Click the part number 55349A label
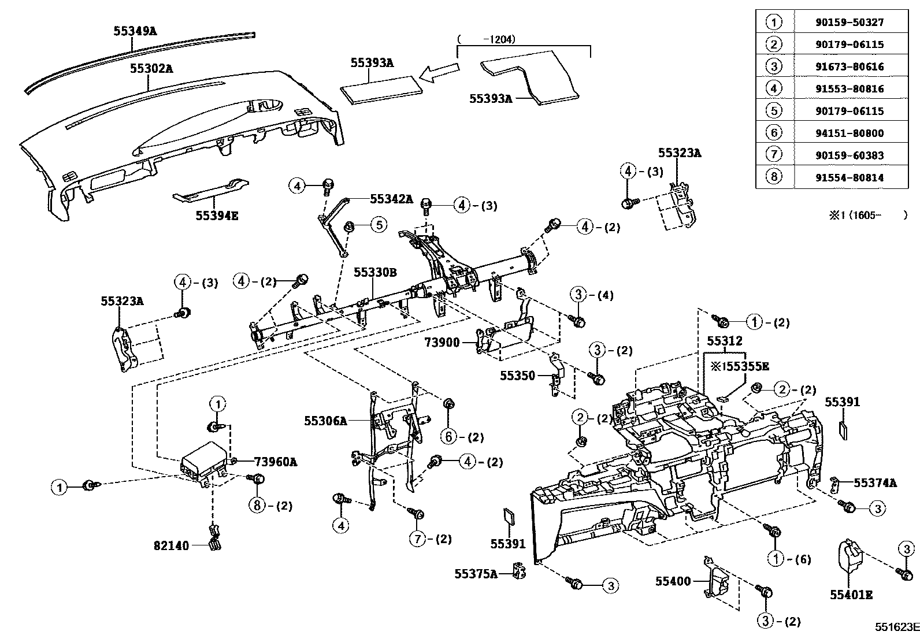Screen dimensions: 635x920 [x=135, y=31]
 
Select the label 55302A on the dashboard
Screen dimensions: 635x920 [x=151, y=68]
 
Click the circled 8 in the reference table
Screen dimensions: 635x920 [x=774, y=177]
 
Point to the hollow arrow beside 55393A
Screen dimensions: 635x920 [x=439, y=73]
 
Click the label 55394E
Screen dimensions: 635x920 [x=217, y=216]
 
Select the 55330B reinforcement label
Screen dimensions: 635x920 [x=376, y=272]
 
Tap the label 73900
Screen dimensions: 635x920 [x=442, y=343]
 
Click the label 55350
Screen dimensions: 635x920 [x=517, y=376]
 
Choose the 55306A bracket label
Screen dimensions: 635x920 [x=325, y=421]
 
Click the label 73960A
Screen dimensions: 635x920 [x=275, y=462]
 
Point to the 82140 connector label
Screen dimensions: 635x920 [x=171, y=545]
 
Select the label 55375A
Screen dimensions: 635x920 [x=476, y=574]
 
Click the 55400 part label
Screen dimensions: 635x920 [x=673, y=581]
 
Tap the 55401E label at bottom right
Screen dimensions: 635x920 [x=851, y=595]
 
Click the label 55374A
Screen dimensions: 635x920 [x=875, y=483]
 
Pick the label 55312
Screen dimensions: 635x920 [x=725, y=341]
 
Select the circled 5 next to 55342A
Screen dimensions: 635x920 [x=378, y=225]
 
